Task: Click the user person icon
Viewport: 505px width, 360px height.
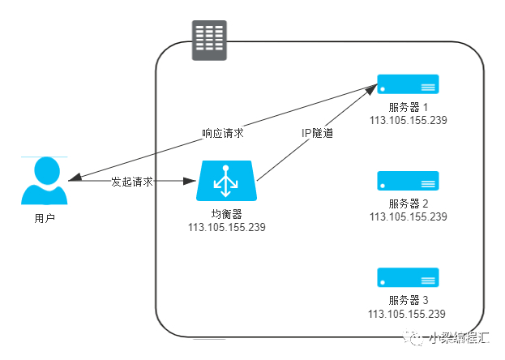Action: pyautogui.click(x=44, y=181)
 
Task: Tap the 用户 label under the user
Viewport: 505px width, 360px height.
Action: pyautogui.click(x=45, y=219)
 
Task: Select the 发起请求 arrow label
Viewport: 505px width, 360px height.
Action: pyautogui.click(x=132, y=182)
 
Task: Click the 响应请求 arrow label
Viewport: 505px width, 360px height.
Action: pyautogui.click(x=223, y=133)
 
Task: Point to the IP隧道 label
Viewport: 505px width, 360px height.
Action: pyautogui.click(x=317, y=133)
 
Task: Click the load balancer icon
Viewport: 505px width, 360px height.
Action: pyautogui.click(x=226, y=181)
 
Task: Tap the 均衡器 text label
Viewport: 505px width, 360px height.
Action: pyautogui.click(x=227, y=214)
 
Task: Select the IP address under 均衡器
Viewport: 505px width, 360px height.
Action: pyautogui.click(x=227, y=227)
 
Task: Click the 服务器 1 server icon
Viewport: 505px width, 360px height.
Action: pyautogui.click(x=408, y=84)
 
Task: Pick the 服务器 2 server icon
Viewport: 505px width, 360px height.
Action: pyautogui.click(x=408, y=181)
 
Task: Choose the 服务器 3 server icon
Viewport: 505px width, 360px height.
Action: pyautogui.click(x=408, y=277)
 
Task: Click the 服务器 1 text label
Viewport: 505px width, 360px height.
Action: pyautogui.click(x=408, y=107)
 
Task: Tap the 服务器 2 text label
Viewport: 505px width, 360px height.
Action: pyautogui.click(x=408, y=204)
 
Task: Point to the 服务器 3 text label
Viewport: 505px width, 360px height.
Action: pyautogui.click(x=408, y=300)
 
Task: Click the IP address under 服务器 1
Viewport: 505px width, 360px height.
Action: pyautogui.click(x=408, y=120)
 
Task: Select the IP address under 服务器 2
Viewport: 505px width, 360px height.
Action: pyautogui.click(x=408, y=216)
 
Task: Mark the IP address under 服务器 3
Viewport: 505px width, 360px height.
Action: pyautogui.click(x=407, y=314)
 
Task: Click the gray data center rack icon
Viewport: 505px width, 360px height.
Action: pyautogui.click(x=209, y=41)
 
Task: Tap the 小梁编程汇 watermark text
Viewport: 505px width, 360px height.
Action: pyautogui.click(x=459, y=338)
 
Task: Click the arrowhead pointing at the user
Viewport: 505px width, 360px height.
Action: pyautogui.click(x=75, y=178)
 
